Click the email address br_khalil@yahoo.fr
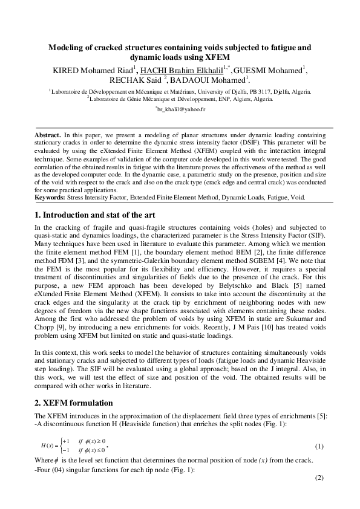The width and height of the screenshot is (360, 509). point(181,109)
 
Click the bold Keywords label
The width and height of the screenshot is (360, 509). point(51,197)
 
